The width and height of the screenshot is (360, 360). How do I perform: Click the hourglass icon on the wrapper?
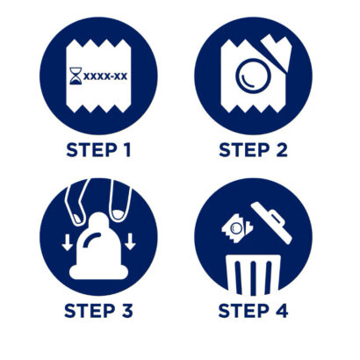pyautogui.click(x=76, y=76)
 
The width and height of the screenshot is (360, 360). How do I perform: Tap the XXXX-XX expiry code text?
pyautogui.click(x=105, y=76)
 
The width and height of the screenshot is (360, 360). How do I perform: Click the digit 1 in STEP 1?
pyautogui.click(x=126, y=150)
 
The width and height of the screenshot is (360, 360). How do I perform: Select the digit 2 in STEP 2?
pyautogui.click(x=282, y=150)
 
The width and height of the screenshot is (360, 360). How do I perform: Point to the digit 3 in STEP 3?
pyautogui.click(x=127, y=311)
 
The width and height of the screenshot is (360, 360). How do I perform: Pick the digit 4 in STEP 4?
pyautogui.click(x=282, y=311)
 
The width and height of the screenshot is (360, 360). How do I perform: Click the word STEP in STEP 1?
pyautogui.click(x=91, y=150)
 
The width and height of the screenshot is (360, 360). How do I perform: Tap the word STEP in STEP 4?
pyautogui.click(x=244, y=311)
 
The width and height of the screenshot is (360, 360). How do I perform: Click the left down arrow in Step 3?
pyautogui.click(x=68, y=242)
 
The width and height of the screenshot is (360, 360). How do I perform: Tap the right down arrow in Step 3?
pyautogui.click(x=130, y=241)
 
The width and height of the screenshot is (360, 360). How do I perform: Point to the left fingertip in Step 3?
pyautogui.click(x=76, y=218)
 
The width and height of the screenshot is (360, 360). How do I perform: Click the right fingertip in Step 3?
pyautogui.click(x=118, y=214)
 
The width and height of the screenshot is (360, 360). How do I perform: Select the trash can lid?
pyautogui.click(x=271, y=223)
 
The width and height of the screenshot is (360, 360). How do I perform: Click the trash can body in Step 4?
pyautogui.click(x=254, y=275)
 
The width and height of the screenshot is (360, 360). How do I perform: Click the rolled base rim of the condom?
pyautogui.click(x=98, y=272)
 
